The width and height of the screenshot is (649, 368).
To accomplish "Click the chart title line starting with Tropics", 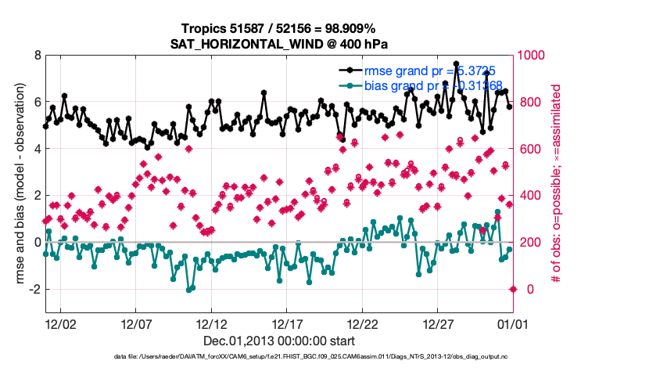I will pyautogui.click(x=279, y=29).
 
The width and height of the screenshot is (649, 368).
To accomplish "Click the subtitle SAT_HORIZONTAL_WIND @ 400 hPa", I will pyautogui.click(x=279, y=44).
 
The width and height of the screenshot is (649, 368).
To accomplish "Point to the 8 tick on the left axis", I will pyautogui.click(x=37, y=56).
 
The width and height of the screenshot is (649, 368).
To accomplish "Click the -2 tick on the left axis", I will pyautogui.click(x=34, y=289).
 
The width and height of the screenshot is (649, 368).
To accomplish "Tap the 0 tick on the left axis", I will pyautogui.click(x=37, y=243).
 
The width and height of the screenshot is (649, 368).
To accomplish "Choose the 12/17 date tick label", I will pyautogui.click(x=288, y=323).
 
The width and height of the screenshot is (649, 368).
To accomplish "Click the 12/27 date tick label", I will pyautogui.click(x=439, y=323).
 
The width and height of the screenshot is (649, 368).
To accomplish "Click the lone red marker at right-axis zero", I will pyautogui.click(x=513, y=289).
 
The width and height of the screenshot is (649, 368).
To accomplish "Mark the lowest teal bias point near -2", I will pyautogui.click(x=189, y=289).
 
